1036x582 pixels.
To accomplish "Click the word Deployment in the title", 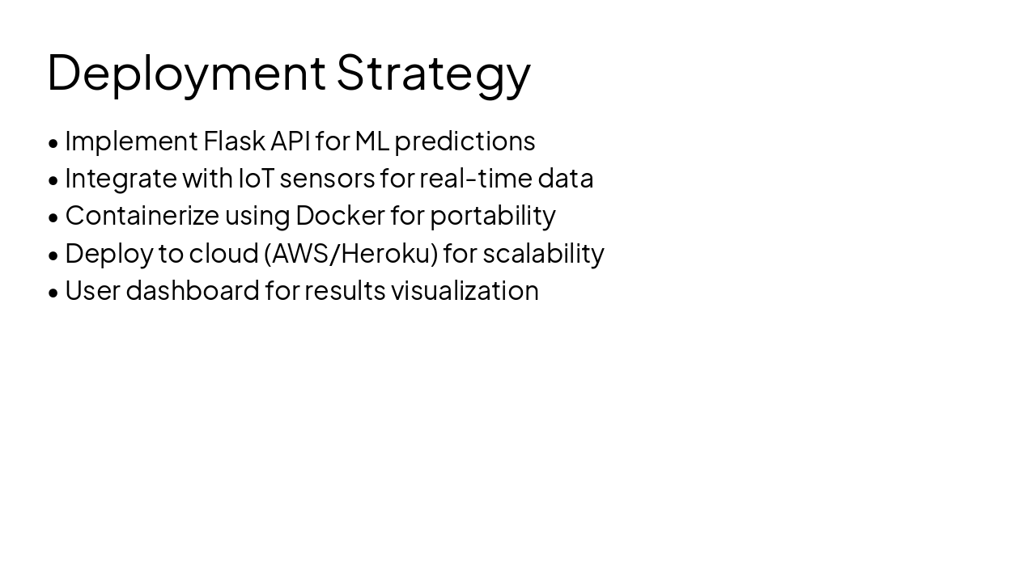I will click(186, 73).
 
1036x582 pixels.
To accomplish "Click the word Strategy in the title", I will click(433, 73).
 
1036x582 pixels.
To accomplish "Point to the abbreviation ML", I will click(372, 141).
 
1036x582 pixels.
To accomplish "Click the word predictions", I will click(465, 141).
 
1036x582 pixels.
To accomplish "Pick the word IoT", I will click(256, 178).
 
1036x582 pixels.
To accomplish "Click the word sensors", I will click(327, 179).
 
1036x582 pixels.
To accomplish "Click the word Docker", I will click(340, 215).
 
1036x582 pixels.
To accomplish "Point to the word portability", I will click(492, 216).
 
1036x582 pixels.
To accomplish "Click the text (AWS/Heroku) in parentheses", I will click(350, 253).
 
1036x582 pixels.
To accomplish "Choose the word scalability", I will click(543, 253).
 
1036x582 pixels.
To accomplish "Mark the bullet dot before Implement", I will click(53, 143).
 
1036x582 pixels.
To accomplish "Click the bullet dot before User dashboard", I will click(53, 293).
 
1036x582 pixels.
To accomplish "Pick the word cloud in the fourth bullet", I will click(223, 253).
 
